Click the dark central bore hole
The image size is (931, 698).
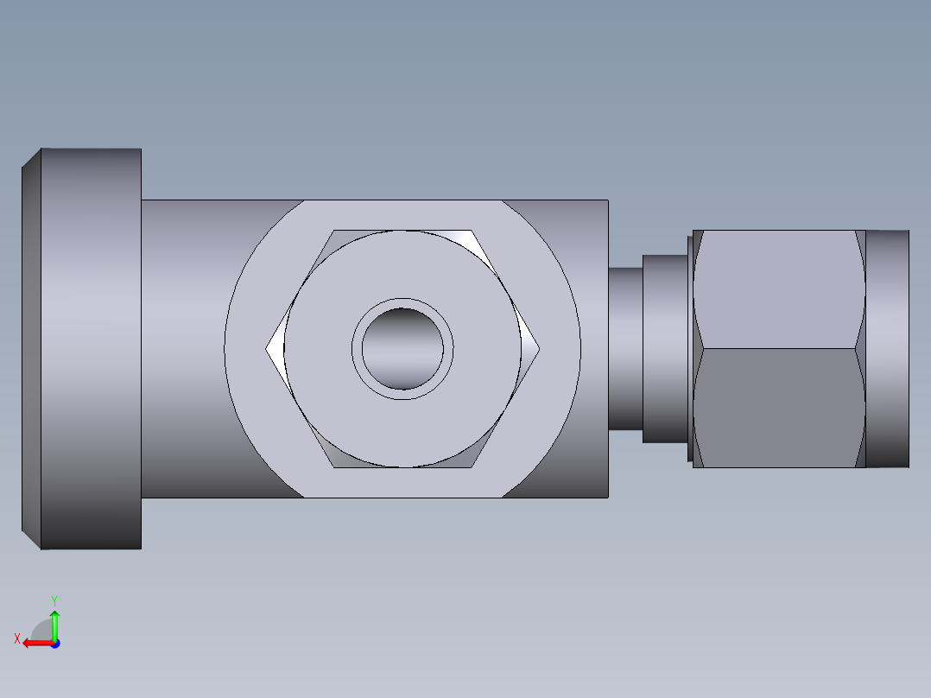point(402,349)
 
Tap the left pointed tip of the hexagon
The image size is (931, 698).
point(266,349)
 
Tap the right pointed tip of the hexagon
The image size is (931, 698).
point(539,349)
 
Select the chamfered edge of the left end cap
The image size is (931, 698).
point(31,349)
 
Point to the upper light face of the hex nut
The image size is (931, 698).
point(779,289)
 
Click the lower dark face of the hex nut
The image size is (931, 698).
point(779,408)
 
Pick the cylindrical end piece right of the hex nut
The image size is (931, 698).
point(887,349)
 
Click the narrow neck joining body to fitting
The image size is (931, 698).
point(625,349)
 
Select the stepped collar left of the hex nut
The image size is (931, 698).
point(665,349)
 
